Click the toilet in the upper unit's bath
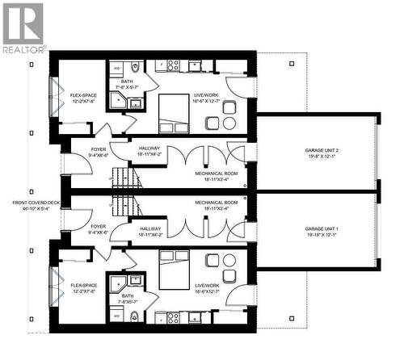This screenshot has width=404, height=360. tap(135, 67)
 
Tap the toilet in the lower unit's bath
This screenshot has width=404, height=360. tap(135, 316)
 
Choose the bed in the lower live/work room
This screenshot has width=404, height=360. tap(172, 268)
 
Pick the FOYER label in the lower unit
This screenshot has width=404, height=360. tap(99, 226)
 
